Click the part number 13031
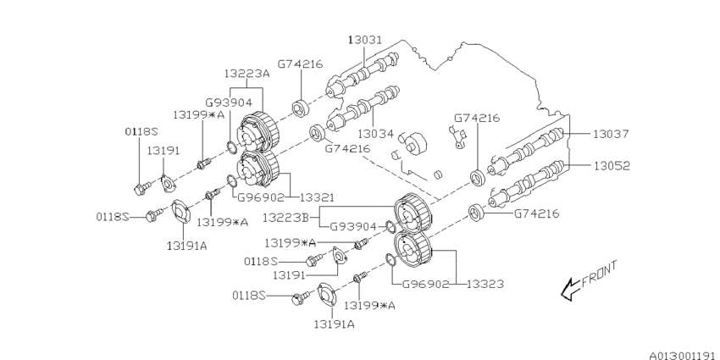(365, 40)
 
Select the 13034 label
(376, 133)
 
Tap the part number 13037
(611, 134)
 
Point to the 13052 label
(611, 166)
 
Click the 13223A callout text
(246, 74)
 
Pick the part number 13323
(483, 285)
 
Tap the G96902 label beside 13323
(425, 285)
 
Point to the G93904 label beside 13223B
(352, 227)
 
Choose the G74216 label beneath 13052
(537, 213)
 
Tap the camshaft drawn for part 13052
(529, 180)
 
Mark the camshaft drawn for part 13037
(529, 151)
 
